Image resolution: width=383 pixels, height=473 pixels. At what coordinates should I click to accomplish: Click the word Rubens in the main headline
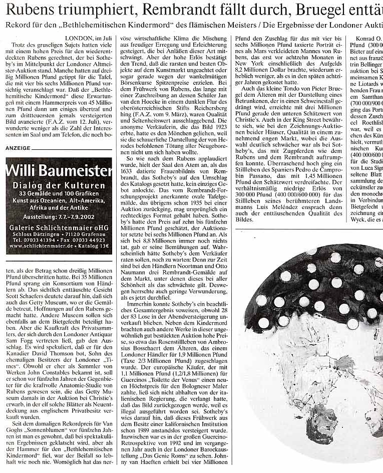31,9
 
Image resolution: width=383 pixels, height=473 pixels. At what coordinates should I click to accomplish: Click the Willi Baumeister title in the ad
59,171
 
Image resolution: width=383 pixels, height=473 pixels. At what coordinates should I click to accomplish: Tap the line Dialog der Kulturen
59,186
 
